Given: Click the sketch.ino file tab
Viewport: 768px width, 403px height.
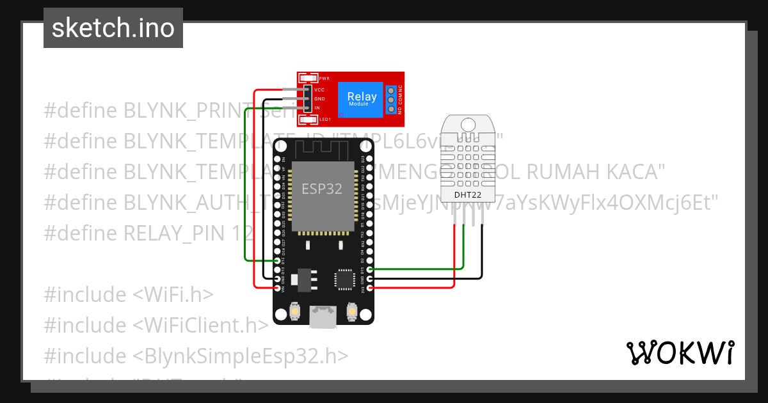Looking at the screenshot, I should click(113, 28).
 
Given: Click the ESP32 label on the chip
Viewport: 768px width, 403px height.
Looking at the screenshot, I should click(322, 189).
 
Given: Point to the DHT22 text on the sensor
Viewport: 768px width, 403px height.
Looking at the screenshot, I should click(467, 194).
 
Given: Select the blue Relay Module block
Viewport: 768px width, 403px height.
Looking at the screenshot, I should click(362, 99).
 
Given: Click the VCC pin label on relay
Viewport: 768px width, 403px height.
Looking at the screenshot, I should click(319, 90).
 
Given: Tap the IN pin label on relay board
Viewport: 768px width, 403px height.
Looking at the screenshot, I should click(317, 107).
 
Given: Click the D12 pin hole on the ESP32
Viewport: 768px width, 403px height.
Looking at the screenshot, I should click(277, 261).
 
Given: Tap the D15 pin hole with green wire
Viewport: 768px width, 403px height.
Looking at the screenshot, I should click(369, 270).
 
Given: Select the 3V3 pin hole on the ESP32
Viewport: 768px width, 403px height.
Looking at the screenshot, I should click(369, 288).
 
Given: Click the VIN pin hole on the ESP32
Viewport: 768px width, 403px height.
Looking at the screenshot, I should click(277, 288).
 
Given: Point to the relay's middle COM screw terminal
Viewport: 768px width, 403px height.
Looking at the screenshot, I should click(390, 99).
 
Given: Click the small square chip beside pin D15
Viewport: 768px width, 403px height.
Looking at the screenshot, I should click(344, 279).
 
